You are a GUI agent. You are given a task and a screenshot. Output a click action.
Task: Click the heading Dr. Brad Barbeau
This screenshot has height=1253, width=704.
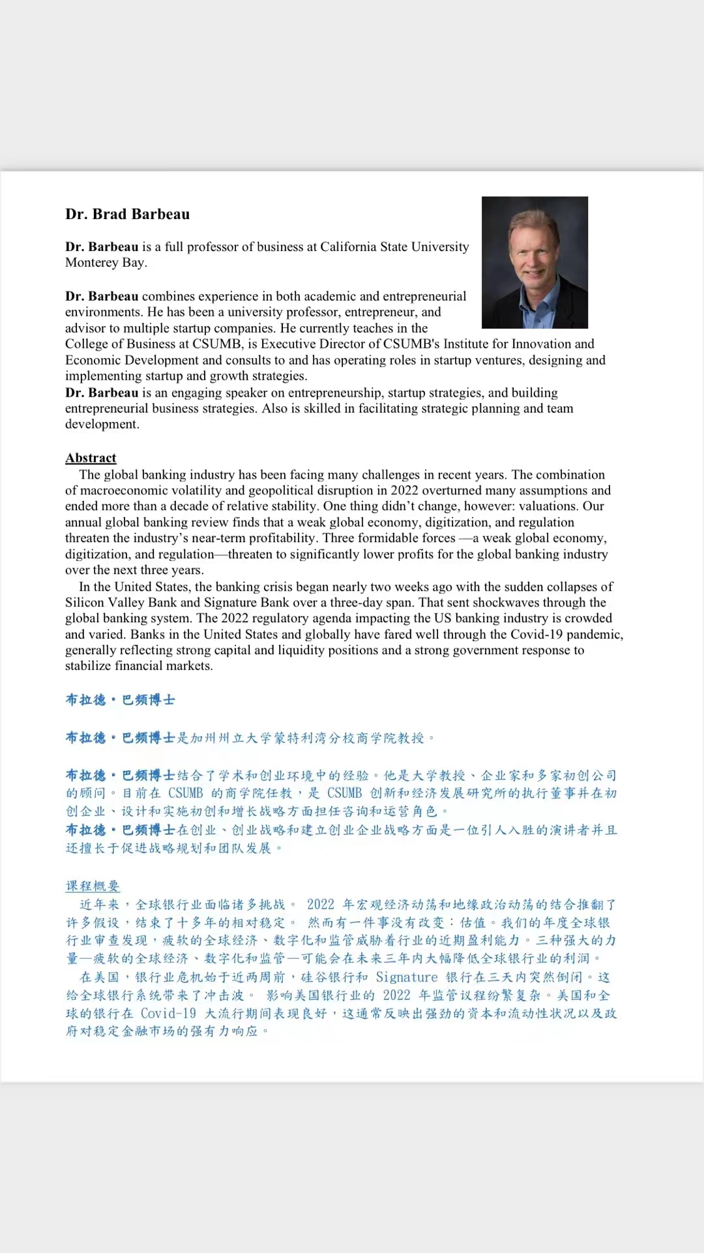click(128, 215)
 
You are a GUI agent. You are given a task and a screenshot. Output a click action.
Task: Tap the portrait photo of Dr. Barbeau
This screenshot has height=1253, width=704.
click(535, 262)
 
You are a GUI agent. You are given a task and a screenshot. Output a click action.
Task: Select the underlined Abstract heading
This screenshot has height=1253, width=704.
click(91, 458)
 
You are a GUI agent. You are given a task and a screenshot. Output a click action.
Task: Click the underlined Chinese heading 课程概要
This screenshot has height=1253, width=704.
click(93, 886)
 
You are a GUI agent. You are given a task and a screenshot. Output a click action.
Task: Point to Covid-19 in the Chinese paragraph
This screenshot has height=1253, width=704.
click(168, 1013)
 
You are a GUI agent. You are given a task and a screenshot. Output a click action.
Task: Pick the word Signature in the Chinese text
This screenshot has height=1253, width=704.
click(407, 977)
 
